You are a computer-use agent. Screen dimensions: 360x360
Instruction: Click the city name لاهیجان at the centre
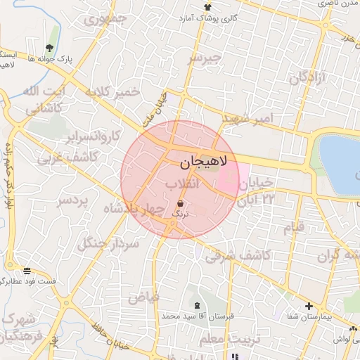click(x=205, y=162)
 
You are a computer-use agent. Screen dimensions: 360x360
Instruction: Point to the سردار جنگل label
click(x=109, y=243)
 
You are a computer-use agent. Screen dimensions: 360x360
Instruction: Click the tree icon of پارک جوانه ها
click(x=49, y=48)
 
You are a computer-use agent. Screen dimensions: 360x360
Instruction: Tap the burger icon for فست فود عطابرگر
click(x=27, y=271)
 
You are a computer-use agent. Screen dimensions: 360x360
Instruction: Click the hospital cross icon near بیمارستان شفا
click(x=309, y=306)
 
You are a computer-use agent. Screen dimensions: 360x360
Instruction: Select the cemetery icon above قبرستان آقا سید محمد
click(x=196, y=306)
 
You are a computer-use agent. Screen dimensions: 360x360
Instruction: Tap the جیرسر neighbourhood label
click(x=204, y=57)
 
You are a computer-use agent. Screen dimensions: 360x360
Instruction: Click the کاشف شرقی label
click(x=238, y=256)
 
